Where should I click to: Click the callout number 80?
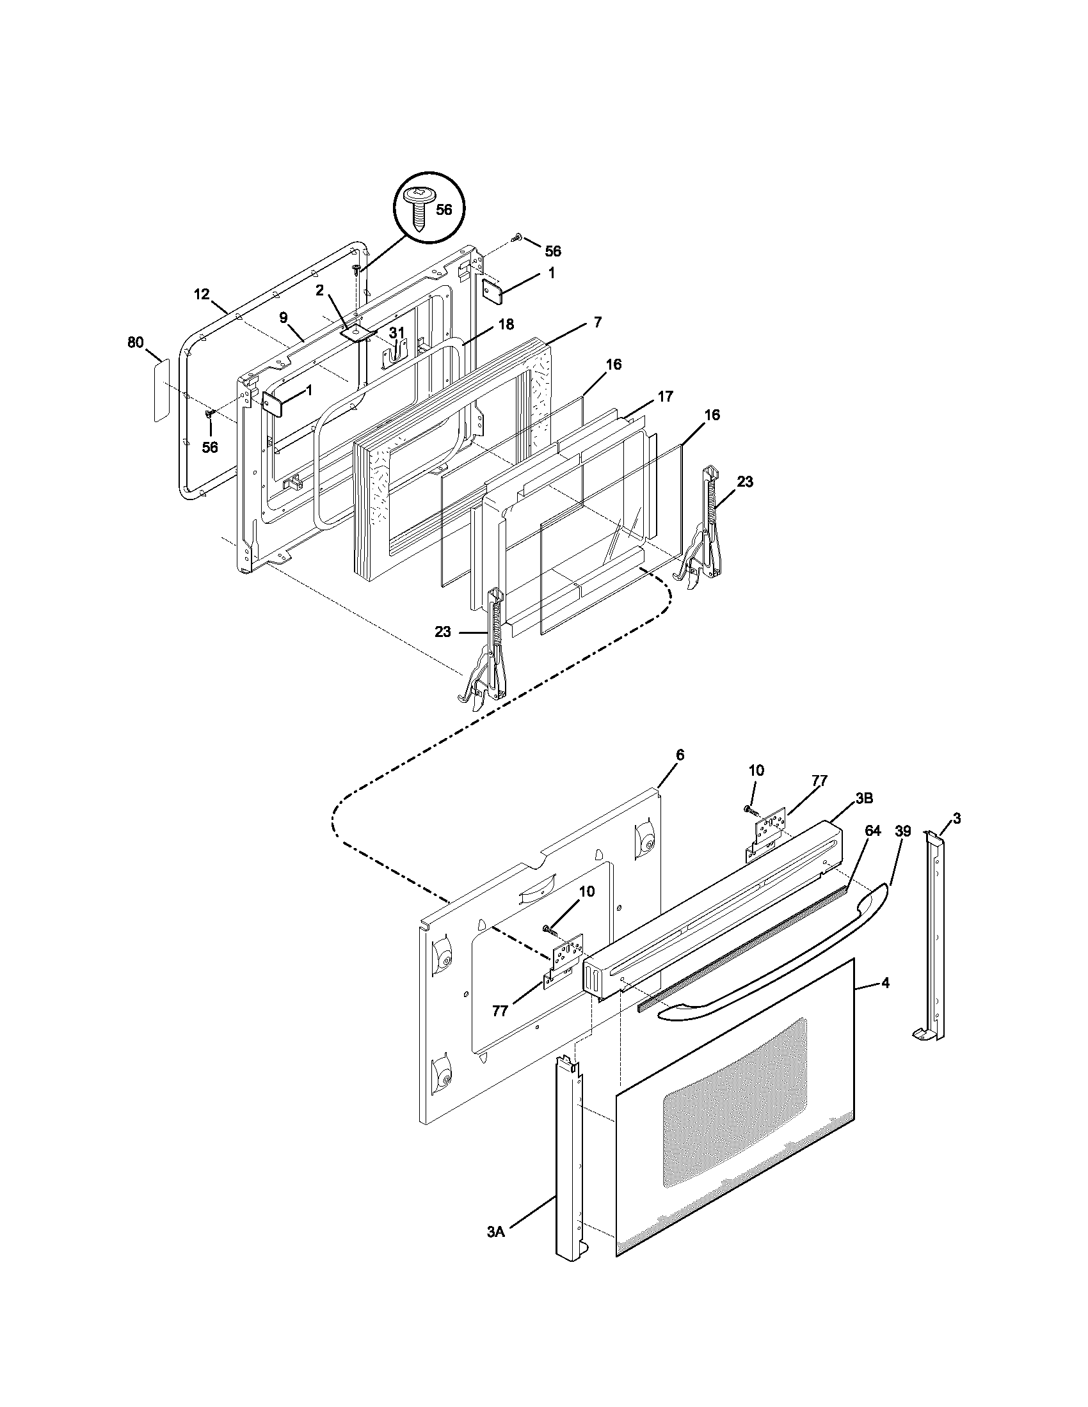(135, 343)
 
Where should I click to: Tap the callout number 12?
(202, 294)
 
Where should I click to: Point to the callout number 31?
(397, 333)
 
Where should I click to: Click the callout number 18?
(506, 324)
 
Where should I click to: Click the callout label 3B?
(865, 798)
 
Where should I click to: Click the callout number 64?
(872, 831)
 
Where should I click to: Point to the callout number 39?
(903, 831)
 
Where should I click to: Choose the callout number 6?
(680, 754)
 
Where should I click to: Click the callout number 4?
(886, 983)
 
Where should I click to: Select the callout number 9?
(282, 317)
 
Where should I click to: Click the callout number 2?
(319, 290)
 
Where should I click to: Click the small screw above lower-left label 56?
(209, 413)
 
